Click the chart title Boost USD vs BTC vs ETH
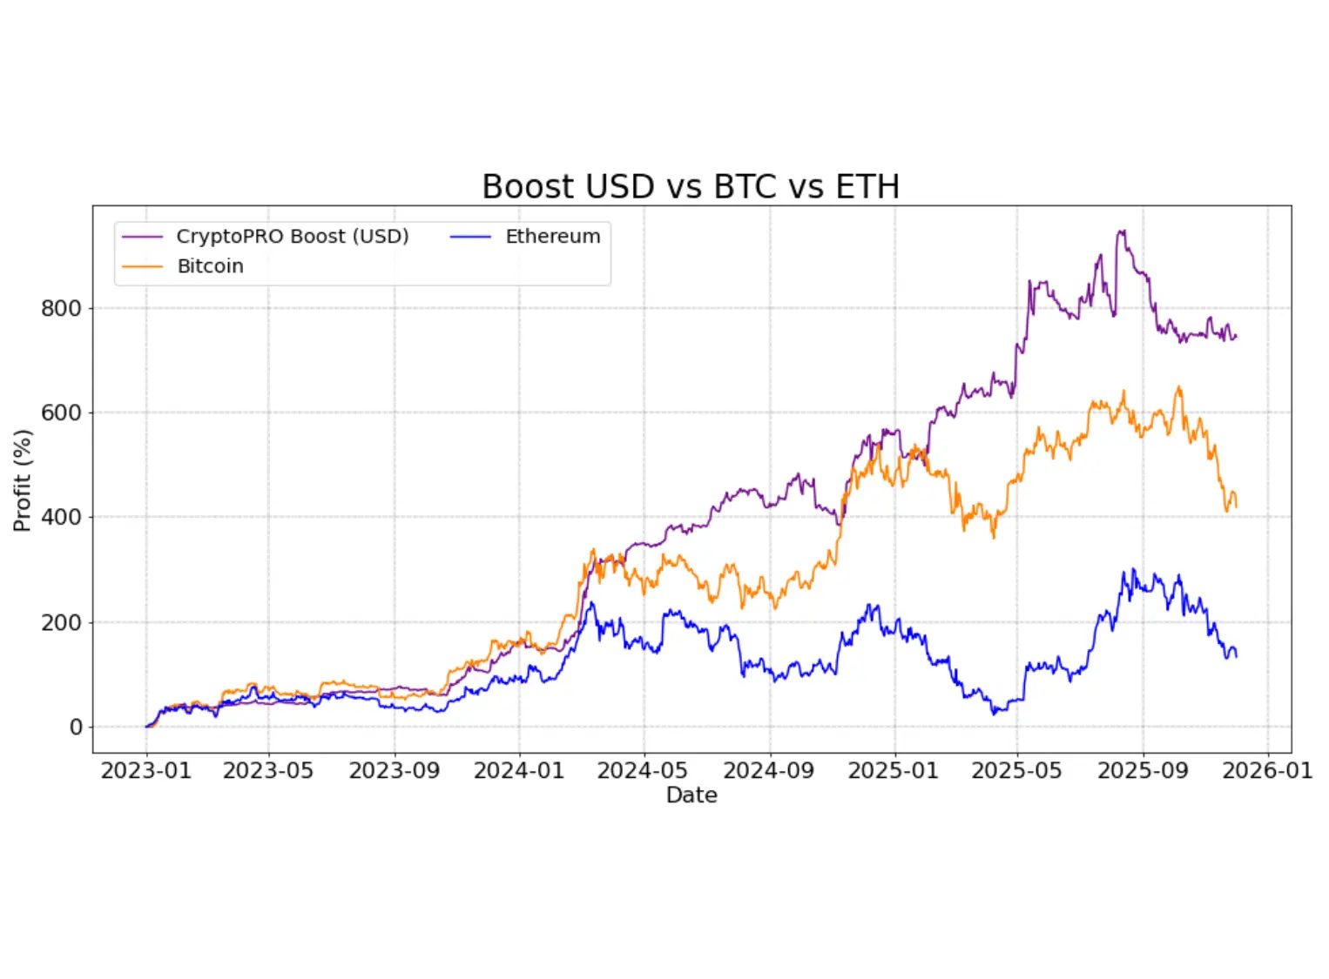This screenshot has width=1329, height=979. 691,187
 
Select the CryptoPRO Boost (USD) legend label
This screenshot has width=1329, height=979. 293,237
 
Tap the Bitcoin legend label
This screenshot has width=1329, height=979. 211,266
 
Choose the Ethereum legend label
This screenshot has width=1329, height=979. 553,237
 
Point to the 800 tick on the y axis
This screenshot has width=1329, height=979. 61,308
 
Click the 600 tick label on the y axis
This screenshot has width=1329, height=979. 61,412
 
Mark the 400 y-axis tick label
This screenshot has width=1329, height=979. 61,517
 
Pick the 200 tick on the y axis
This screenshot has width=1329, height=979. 61,622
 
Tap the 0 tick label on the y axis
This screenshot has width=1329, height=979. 76,727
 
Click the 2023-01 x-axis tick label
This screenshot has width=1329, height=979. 145,771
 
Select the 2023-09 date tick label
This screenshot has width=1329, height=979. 395,771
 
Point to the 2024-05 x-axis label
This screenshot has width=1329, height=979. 643,771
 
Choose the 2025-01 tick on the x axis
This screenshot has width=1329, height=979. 894,771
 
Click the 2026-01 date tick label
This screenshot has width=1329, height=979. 1267,771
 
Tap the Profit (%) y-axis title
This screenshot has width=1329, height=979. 23,480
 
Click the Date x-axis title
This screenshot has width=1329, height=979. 691,795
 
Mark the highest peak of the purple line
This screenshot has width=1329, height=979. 1122,231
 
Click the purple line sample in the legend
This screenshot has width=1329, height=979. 142,237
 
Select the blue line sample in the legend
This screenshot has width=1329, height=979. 471,237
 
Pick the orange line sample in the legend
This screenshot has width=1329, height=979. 142,266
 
